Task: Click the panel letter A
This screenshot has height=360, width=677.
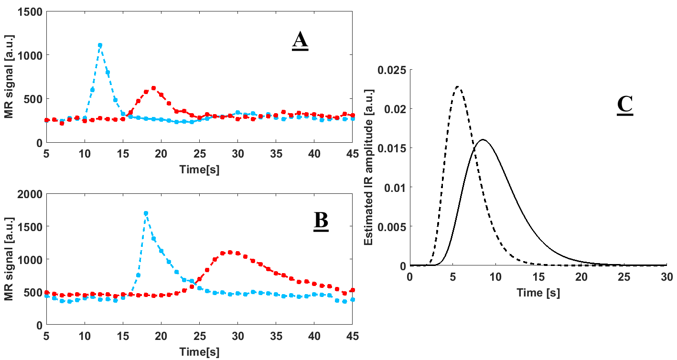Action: click(x=300, y=41)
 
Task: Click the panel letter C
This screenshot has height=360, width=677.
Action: click(x=624, y=106)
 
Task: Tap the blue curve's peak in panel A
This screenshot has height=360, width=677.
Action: click(x=100, y=45)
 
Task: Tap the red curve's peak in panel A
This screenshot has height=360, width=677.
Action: click(x=153, y=88)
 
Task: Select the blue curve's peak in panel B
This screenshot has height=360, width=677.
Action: click(x=146, y=213)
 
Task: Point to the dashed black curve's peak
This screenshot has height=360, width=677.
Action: click(x=458, y=87)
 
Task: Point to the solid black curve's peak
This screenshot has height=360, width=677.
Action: click(x=483, y=140)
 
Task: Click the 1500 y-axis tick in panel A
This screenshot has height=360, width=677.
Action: click(x=30, y=11)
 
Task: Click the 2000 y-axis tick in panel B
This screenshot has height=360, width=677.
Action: click(x=30, y=194)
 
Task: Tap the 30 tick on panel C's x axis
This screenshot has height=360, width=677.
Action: click(x=667, y=277)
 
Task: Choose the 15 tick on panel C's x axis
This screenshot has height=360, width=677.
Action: click(x=538, y=277)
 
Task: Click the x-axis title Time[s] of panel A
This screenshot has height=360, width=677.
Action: click(x=199, y=169)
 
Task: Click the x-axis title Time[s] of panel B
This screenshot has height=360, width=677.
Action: click(x=199, y=352)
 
